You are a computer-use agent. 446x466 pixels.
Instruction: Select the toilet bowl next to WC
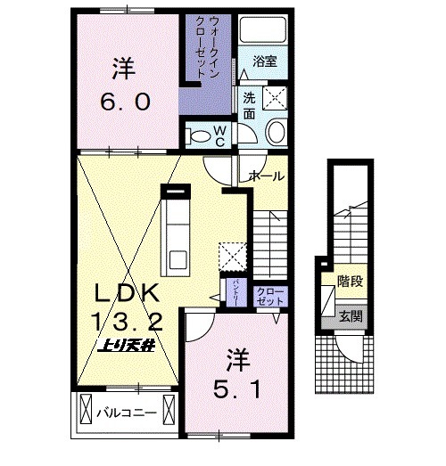(202, 135)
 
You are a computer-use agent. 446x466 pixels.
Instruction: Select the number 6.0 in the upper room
(125, 101)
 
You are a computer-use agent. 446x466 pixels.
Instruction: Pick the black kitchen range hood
(176, 189)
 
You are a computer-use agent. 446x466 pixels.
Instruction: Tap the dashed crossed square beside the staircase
(235, 255)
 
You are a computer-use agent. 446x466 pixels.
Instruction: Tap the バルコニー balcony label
(134, 413)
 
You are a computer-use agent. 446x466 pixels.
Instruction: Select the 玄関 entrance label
(347, 315)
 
